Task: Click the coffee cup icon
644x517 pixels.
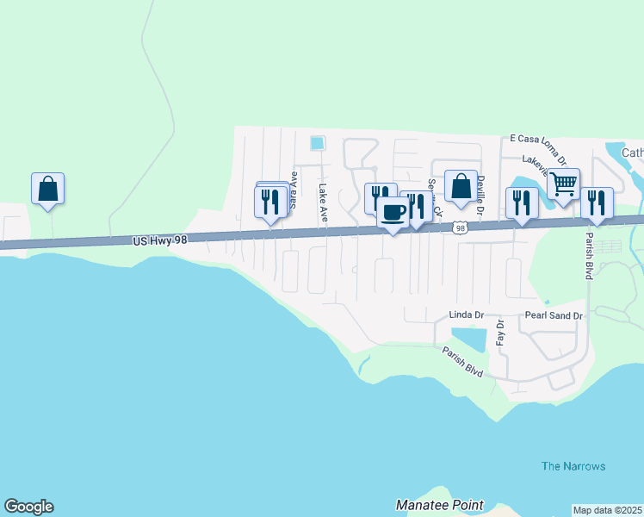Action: click(x=393, y=212)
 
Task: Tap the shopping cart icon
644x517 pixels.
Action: click(x=563, y=184)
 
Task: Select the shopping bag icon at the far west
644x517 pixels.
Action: click(x=48, y=189)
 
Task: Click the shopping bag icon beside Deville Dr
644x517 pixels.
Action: click(x=461, y=186)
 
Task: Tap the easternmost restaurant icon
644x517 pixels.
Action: click(x=597, y=203)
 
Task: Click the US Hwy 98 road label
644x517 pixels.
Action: click(x=160, y=240)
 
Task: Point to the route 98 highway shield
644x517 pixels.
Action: click(x=461, y=227)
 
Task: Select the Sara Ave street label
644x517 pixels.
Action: click(x=294, y=190)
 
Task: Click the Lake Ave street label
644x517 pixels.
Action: click(x=324, y=203)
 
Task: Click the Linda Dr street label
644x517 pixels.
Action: click(x=468, y=316)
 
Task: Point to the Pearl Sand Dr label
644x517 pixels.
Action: click(x=554, y=316)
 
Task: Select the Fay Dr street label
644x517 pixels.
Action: click(x=500, y=332)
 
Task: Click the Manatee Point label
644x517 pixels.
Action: click(x=439, y=505)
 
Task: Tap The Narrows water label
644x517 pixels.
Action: click(x=573, y=466)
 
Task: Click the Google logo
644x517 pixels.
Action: click(x=28, y=507)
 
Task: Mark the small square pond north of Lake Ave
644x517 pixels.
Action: click(x=317, y=142)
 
